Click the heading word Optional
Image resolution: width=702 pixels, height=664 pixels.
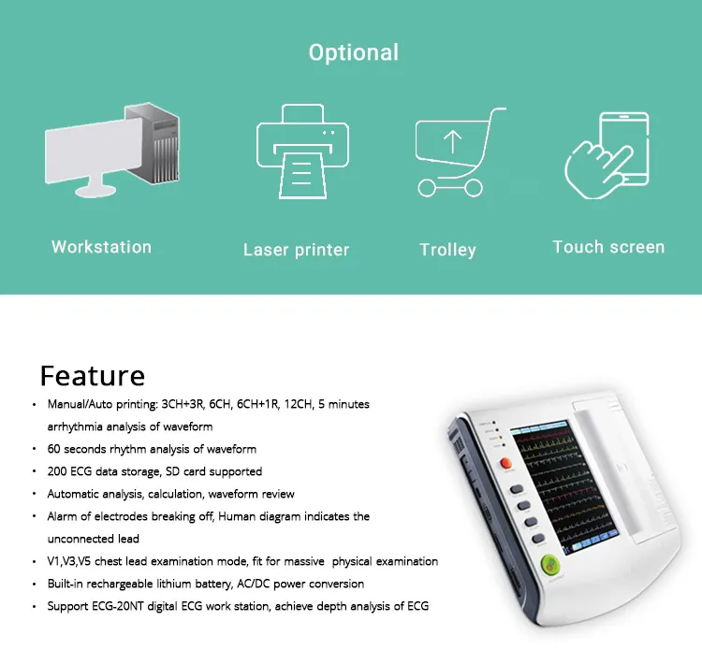353,52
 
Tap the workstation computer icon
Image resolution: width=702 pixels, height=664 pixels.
113,150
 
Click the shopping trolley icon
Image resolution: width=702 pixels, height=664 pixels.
453,152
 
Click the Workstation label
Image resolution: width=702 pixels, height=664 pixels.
101,247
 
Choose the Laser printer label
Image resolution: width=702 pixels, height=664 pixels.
296,250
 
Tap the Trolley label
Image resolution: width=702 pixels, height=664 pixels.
447,250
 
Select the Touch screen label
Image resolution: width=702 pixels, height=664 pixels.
608,247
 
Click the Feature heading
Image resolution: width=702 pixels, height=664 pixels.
92,375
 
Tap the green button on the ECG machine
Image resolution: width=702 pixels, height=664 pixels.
549,565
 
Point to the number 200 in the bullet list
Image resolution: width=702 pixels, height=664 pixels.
58,471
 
